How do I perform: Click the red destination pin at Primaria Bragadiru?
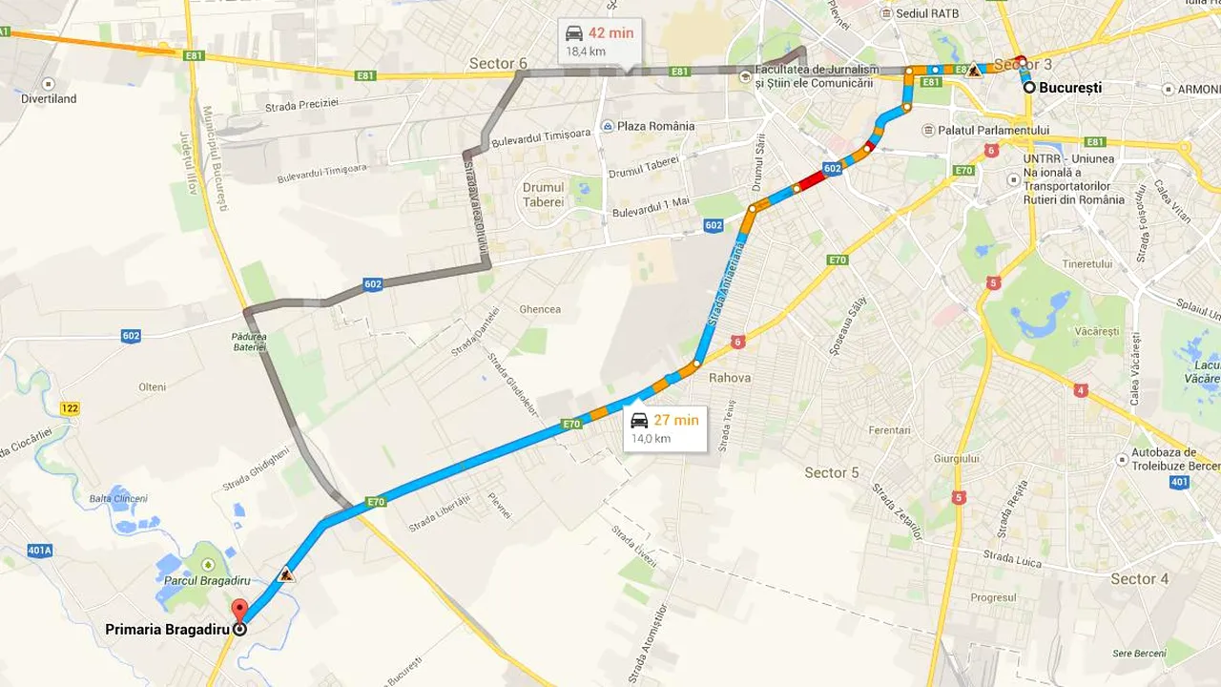tap(239, 611)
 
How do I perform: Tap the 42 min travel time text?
tap(610, 33)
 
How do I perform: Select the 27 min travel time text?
tap(675, 420)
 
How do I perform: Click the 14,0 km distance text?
tap(651, 439)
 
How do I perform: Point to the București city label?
tap(1069, 88)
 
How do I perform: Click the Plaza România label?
tap(655, 126)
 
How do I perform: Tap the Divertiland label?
tap(49, 98)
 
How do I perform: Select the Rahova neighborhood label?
tap(730, 378)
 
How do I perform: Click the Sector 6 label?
tap(498, 64)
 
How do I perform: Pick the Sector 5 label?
tap(831, 472)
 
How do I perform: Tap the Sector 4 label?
tap(1139, 578)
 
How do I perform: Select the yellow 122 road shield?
tap(70, 408)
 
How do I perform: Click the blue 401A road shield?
tap(40, 551)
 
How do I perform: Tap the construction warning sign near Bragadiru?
tap(285, 575)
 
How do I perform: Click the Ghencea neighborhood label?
tap(540, 309)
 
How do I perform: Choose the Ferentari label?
tap(890, 430)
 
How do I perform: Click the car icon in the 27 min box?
tap(639, 421)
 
